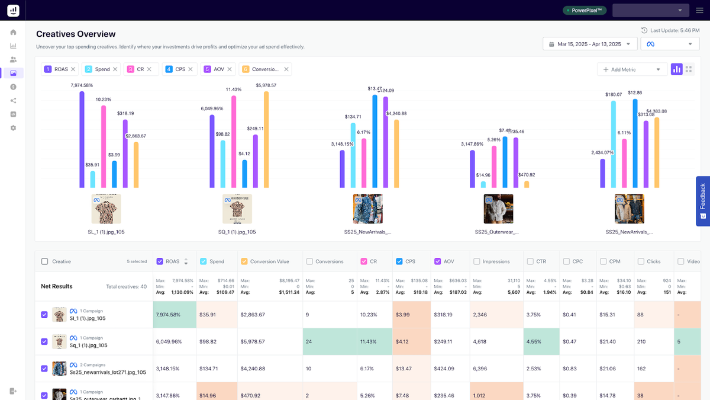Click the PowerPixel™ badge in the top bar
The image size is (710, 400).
[x=585, y=10]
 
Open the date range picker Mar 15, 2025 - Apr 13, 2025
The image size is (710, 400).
[x=589, y=44]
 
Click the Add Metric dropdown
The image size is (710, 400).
[x=631, y=69]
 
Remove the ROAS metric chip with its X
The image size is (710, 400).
[x=73, y=69]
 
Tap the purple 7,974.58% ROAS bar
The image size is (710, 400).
[x=82, y=139]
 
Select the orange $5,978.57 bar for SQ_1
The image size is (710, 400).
[x=266, y=139]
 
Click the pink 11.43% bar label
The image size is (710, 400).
[x=234, y=89]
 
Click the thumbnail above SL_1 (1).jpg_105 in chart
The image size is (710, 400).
[x=106, y=209]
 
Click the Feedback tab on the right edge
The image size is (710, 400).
[x=702, y=200]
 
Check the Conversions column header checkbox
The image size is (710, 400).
[x=309, y=261]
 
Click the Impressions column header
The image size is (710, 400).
[x=496, y=261]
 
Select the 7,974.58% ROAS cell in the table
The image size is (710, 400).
[x=175, y=315]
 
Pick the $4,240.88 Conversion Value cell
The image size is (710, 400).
[x=270, y=369]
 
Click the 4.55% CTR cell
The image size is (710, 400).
[x=541, y=342]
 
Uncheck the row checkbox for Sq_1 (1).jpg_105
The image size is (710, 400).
[x=44, y=342]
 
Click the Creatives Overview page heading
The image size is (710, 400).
[x=76, y=34]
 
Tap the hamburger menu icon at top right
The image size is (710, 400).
[x=699, y=10]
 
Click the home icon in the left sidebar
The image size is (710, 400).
[x=13, y=32]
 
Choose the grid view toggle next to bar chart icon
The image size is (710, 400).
[x=689, y=69]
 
